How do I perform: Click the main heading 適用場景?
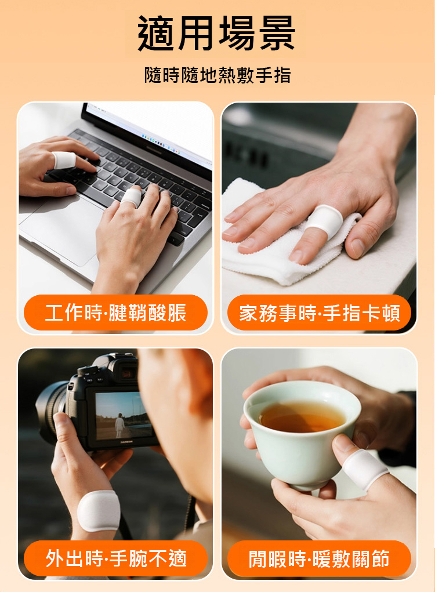216,33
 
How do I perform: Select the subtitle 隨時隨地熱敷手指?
217,75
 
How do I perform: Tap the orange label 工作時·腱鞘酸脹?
115,313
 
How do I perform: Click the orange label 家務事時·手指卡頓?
319,313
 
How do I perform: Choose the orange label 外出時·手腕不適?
115,558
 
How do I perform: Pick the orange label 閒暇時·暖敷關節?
319,558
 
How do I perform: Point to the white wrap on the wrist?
99,510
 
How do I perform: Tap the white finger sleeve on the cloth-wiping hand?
324,221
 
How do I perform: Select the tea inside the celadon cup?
302,417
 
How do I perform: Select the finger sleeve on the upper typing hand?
64,160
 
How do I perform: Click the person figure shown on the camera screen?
119,426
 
